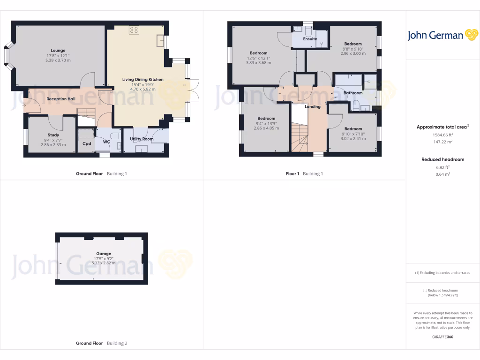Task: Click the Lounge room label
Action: coord(58,50)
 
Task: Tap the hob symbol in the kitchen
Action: coord(134,30)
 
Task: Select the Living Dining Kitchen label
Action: coord(142,79)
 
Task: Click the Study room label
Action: coord(53,135)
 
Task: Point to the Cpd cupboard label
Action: coord(87,143)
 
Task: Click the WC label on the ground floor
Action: coord(106,141)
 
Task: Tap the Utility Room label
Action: coord(142,139)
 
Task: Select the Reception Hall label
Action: coord(60,99)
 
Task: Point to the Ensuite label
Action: coord(310,39)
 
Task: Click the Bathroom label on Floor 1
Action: coord(353,93)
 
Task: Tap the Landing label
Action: coord(313,106)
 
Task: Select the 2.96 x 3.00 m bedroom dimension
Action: coord(353,53)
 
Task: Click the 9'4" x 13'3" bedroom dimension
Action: coord(265,123)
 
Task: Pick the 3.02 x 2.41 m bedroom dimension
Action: coord(353,138)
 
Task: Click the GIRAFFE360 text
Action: coord(442,337)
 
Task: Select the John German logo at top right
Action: coord(442,35)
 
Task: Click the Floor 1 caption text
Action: coord(292,173)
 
